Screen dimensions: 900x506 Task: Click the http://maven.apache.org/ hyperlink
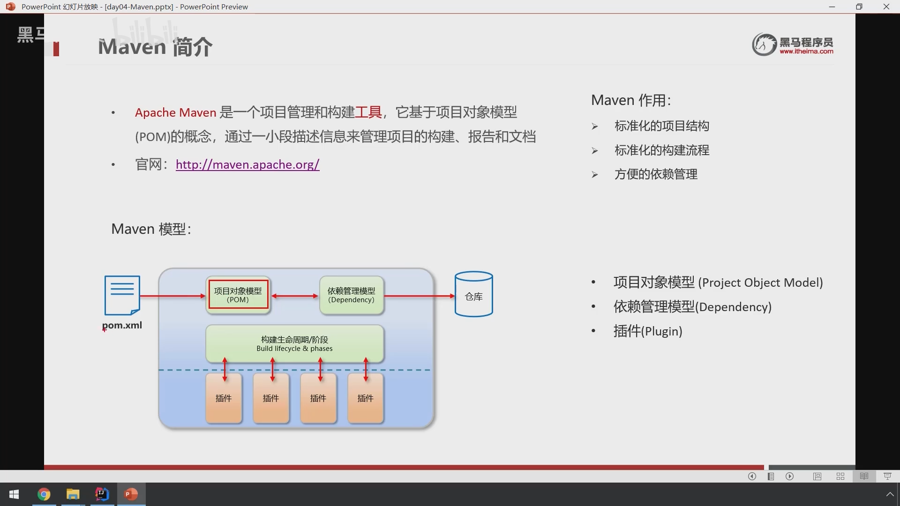click(x=247, y=164)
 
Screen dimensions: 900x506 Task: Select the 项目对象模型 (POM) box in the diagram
click(x=238, y=295)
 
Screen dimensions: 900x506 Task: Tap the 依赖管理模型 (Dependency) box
click(x=352, y=295)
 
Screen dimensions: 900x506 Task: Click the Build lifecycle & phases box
click(x=294, y=343)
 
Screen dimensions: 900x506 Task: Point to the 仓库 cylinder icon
click(x=473, y=294)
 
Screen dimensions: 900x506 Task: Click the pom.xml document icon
click(x=122, y=295)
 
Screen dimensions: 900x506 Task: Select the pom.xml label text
click(x=122, y=325)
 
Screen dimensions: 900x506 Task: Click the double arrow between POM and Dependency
click(x=295, y=296)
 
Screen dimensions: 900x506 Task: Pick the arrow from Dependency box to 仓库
click(x=420, y=296)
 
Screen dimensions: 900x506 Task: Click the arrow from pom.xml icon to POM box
click(x=173, y=296)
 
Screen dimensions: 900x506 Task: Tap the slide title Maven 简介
click(x=155, y=47)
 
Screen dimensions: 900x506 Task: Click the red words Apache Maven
click(x=175, y=112)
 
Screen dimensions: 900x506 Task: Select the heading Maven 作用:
click(x=631, y=100)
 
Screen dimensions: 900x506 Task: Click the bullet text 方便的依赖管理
click(x=656, y=174)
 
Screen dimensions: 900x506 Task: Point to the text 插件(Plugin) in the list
click(x=648, y=331)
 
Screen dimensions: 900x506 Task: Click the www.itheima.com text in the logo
click(x=806, y=52)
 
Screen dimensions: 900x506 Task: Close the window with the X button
click(x=886, y=7)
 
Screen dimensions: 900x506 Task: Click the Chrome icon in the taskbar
click(x=44, y=494)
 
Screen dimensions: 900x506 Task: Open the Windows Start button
click(x=14, y=494)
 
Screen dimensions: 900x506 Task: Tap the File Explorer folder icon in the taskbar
click(x=73, y=494)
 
